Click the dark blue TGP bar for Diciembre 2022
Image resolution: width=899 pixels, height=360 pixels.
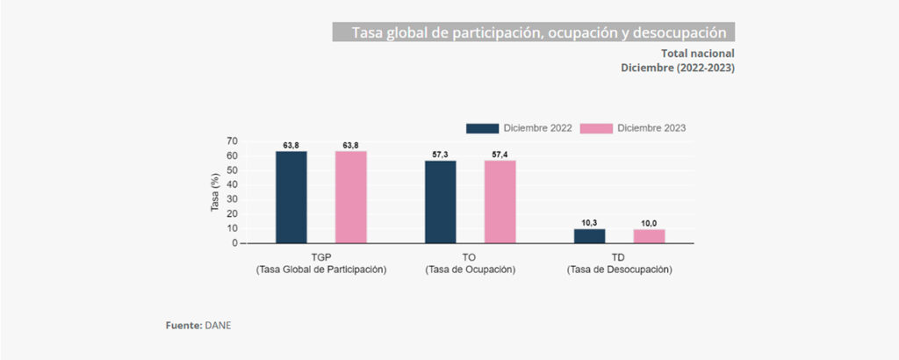click(291, 197)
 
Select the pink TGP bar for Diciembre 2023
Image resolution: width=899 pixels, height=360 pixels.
click(350, 197)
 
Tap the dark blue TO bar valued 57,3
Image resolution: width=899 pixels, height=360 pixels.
click(441, 201)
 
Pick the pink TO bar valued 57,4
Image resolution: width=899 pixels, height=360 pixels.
click(500, 201)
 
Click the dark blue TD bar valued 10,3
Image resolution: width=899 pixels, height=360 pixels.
click(590, 235)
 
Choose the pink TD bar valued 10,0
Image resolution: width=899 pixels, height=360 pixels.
click(649, 235)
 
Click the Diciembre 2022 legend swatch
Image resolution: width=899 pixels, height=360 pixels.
click(482, 127)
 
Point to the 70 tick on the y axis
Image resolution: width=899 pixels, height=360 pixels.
click(232, 141)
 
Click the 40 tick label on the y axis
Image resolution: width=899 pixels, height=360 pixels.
click(232, 184)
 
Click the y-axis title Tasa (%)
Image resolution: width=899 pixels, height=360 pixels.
click(215, 192)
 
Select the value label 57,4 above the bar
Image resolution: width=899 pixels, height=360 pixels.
click(500, 155)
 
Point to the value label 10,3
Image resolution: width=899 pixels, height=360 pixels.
click(590, 223)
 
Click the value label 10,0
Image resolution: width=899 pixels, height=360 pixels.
click(649, 224)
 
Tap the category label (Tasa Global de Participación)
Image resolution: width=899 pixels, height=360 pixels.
click(321, 270)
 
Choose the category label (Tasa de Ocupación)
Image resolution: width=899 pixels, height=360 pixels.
click(470, 270)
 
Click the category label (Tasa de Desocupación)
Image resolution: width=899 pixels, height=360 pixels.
click(619, 270)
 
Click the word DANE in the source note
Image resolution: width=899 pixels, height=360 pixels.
click(218, 326)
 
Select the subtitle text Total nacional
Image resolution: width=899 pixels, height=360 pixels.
click(698, 54)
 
